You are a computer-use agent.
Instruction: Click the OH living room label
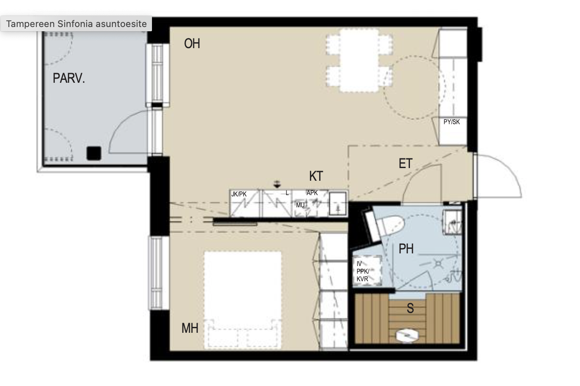tap(192, 43)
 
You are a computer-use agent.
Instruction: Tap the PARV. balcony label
tap(69, 78)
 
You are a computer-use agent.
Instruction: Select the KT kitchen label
tap(316, 176)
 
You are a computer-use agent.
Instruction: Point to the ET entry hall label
tap(406, 163)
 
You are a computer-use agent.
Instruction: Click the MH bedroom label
tap(190, 328)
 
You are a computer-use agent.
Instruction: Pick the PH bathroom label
tap(406, 249)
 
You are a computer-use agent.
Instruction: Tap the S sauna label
tap(410, 308)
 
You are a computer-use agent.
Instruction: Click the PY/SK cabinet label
tap(452, 122)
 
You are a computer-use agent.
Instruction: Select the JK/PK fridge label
tap(239, 194)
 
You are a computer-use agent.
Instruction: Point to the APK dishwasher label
tap(312, 193)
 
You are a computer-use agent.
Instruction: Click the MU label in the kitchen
tap(301, 205)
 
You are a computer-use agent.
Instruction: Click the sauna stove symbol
tap(407, 335)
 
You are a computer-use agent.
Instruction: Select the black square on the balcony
tap(94, 153)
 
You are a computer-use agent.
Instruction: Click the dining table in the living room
tap(359, 60)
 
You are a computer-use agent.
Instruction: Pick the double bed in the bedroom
tap(243, 299)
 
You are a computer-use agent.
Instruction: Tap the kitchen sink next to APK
tap(338, 204)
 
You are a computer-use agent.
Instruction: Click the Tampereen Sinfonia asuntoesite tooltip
tap(76, 24)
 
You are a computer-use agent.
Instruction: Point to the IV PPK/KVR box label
tap(363, 271)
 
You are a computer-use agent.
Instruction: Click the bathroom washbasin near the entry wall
tap(452, 222)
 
